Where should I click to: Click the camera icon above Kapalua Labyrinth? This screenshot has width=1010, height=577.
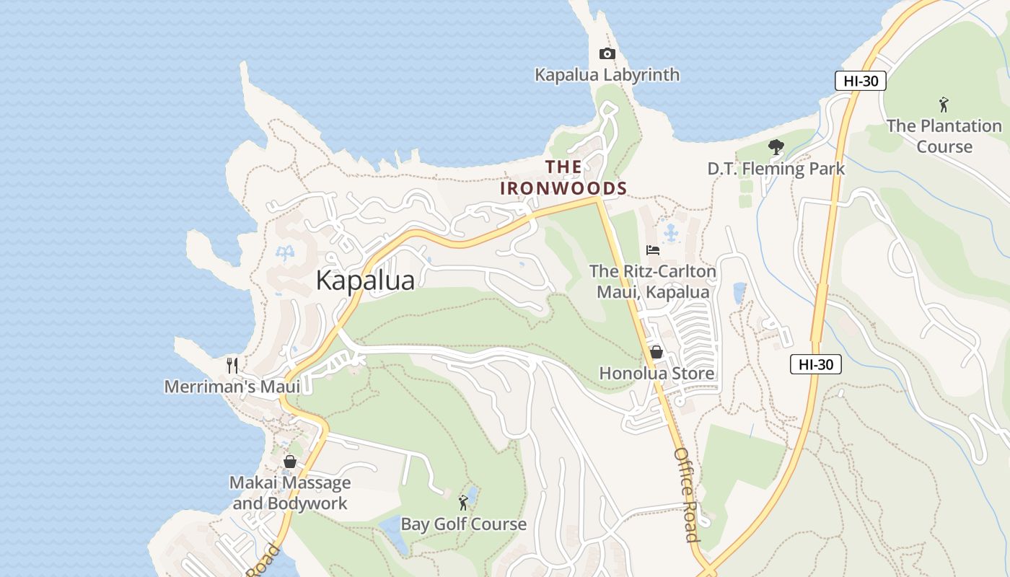[x=607, y=54]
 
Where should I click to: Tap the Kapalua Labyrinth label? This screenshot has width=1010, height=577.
[x=607, y=75]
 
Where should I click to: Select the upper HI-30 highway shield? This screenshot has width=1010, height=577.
[x=861, y=81]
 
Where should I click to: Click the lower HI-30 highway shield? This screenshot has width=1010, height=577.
[x=816, y=364]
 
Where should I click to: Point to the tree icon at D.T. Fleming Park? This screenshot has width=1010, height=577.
[x=776, y=148]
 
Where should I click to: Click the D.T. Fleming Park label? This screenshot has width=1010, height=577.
[x=776, y=169]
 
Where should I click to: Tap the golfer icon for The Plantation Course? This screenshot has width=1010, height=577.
[x=944, y=105]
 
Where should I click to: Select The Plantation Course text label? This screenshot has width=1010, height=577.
[x=944, y=136]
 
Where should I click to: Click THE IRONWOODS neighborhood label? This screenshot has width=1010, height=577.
[x=563, y=178]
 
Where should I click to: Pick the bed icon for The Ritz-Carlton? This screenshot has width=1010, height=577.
[x=653, y=250]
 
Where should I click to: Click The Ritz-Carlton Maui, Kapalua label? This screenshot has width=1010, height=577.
[x=653, y=282]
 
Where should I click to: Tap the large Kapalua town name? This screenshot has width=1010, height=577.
[x=365, y=281]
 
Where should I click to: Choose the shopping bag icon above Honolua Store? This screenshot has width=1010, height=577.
[x=656, y=352]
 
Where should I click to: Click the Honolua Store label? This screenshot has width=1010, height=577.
[x=656, y=374]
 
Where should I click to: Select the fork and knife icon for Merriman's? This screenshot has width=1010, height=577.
[x=232, y=365]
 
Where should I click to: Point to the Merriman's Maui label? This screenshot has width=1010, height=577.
[x=232, y=387]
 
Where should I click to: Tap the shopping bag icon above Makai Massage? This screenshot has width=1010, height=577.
[x=290, y=462]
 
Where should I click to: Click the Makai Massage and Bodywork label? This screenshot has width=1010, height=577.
[x=290, y=493]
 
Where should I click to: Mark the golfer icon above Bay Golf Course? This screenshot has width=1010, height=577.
[x=463, y=503]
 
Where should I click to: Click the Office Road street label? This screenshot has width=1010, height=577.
[x=686, y=495]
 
